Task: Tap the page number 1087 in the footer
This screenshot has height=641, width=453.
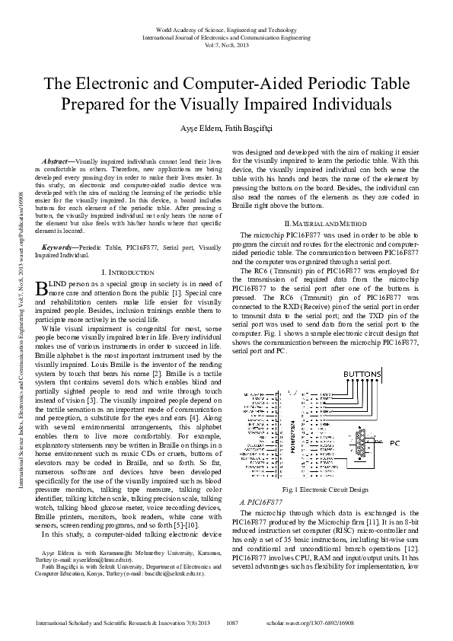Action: click(x=232, y=623)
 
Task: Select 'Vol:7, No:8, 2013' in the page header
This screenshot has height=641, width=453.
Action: click(x=226, y=46)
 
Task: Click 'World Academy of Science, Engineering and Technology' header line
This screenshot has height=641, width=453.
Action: click(x=226, y=27)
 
